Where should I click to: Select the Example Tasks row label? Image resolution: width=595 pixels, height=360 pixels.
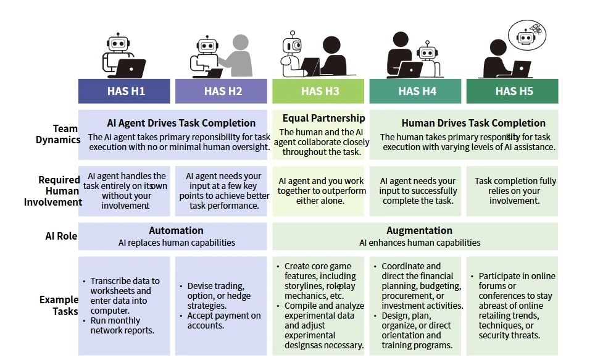click(59, 306)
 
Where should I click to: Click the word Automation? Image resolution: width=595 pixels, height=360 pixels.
click(176, 231)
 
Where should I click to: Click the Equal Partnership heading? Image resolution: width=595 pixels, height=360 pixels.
click(323, 118)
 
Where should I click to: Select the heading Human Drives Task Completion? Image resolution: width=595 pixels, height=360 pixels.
click(473, 123)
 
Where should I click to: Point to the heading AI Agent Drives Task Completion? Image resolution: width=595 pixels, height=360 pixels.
click(181, 123)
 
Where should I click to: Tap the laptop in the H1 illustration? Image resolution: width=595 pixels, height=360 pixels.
click(131, 67)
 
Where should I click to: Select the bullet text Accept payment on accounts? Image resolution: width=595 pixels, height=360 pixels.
click(224, 320)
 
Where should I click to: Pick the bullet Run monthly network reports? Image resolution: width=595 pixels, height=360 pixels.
click(115, 325)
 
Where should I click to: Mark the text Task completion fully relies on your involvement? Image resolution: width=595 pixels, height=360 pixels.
click(515, 191)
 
